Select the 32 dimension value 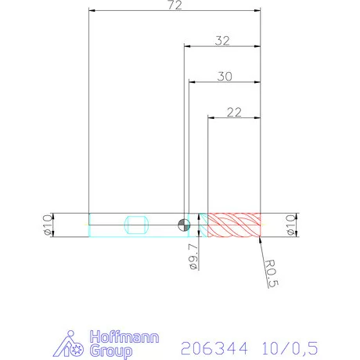tap(221, 41)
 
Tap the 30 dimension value tap(225, 77)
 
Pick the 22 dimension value tap(232, 112)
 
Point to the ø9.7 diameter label tap(193, 257)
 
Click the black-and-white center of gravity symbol tap(183, 225)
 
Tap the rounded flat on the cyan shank tap(136, 225)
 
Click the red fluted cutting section tap(232, 225)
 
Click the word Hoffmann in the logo tap(125, 337)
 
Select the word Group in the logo tap(111, 351)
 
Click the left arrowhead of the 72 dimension tap(93, 12)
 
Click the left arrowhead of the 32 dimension tap(187, 47)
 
